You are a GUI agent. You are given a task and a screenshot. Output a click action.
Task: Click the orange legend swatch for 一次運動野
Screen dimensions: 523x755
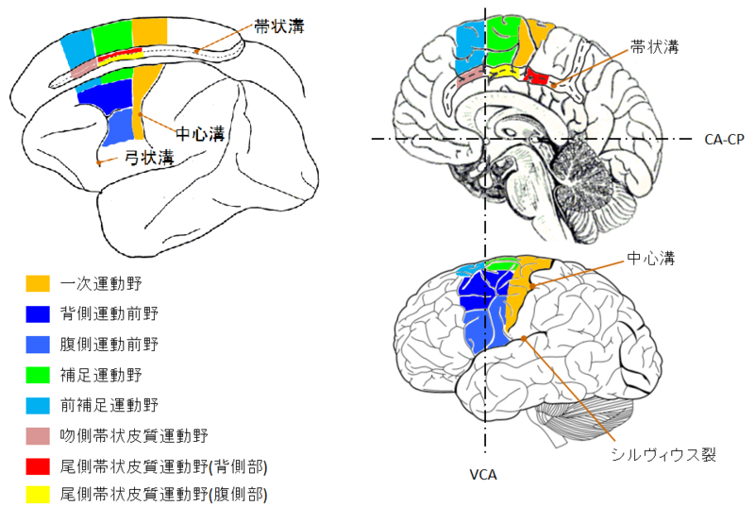(38, 282)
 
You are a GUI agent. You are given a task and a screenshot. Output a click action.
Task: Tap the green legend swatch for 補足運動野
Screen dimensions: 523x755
(38, 375)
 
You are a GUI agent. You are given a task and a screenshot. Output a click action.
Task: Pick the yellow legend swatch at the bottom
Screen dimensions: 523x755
(38, 493)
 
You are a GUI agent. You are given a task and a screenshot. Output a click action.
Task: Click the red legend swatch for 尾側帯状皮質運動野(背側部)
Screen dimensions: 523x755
(38, 464)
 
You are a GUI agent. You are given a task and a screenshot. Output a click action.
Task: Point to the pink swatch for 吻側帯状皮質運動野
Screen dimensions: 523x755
(38, 435)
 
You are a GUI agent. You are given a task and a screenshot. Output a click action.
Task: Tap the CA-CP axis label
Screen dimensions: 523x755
(725, 139)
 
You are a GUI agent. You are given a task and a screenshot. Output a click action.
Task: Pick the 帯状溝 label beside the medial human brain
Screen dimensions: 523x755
(656, 45)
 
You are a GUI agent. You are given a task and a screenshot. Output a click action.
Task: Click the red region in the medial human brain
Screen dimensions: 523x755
(537, 78)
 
